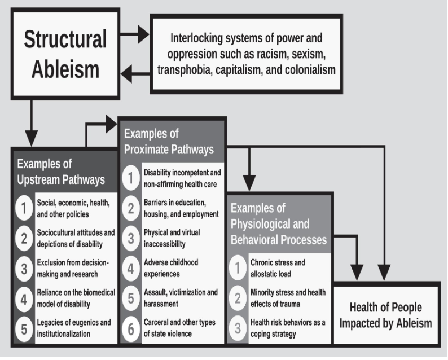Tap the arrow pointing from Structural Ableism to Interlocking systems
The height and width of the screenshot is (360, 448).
135,36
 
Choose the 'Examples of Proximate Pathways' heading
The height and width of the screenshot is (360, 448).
169,142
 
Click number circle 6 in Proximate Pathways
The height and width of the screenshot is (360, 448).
130,330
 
